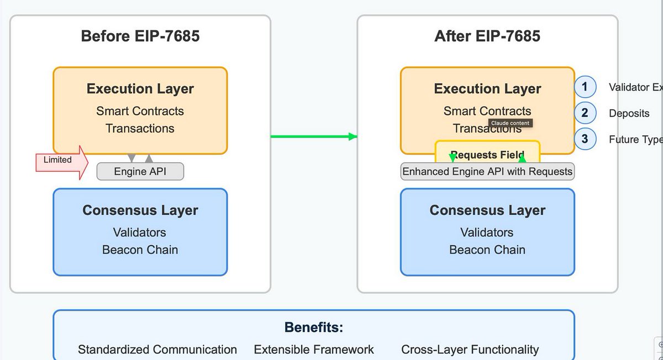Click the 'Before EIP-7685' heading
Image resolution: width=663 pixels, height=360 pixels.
click(x=140, y=36)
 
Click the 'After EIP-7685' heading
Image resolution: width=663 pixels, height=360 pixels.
click(x=487, y=36)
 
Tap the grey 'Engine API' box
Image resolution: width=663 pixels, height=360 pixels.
click(x=140, y=172)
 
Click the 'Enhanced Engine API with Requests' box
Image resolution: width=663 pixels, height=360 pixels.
click(x=487, y=172)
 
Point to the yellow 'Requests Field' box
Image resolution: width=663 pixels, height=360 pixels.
click(x=487, y=155)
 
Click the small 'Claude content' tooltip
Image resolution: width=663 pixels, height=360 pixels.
click(x=510, y=123)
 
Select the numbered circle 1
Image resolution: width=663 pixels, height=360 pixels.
click(x=585, y=87)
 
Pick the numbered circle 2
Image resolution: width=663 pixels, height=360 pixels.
click(x=585, y=113)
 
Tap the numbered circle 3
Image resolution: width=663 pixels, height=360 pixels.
click(x=585, y=139)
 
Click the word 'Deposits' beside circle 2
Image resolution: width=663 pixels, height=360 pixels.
click(x=629, y=114)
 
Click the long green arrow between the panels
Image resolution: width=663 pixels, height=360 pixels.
click(x=312, y=136)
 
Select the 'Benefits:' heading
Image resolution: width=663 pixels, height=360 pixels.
click(x=313, y=327)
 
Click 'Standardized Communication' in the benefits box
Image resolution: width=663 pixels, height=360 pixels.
click(x=157, y=350)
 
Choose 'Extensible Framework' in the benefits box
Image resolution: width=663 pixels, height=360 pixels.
click(x=314, y=350)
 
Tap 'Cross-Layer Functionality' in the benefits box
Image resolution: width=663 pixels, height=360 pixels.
click(x=470, y=350)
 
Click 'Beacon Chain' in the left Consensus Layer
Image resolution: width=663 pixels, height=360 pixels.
click(x=140, y=250)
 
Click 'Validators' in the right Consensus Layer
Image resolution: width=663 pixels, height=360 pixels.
click(x=487, y=232)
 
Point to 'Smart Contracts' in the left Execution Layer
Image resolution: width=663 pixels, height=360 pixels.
click(x=140, y=111)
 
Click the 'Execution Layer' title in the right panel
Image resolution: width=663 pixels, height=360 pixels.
click(x=487, y=89)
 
